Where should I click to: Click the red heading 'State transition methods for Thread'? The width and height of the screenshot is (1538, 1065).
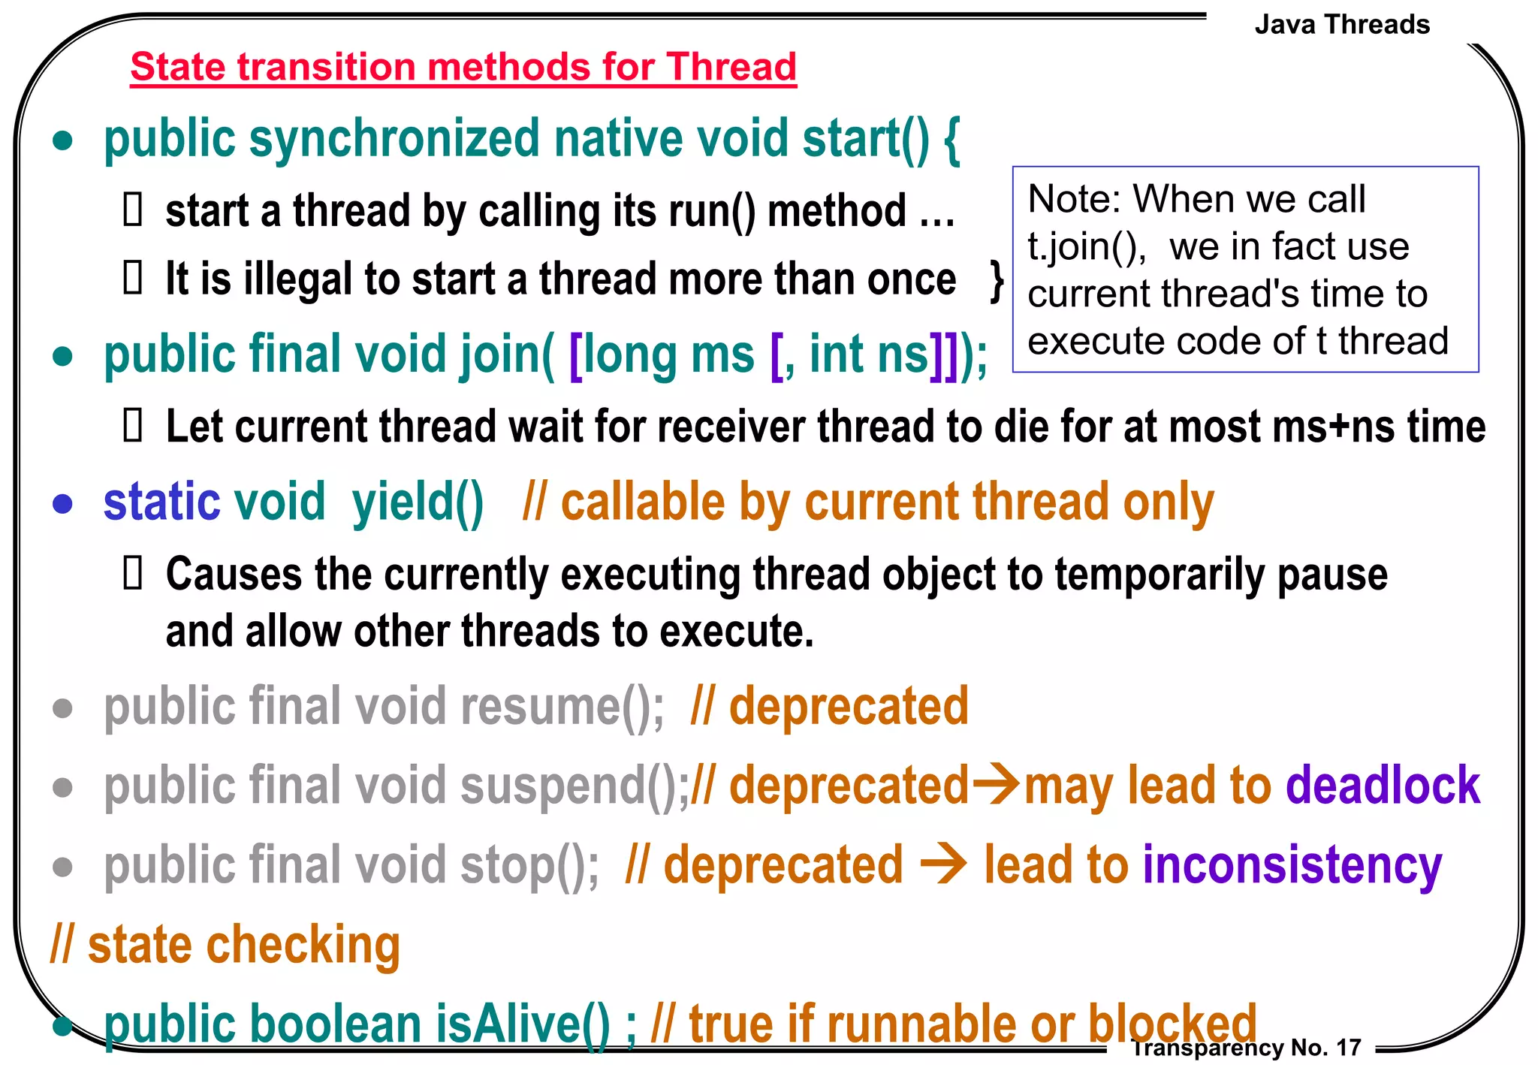[463, 67]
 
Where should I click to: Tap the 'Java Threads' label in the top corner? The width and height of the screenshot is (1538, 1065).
[1342, 25]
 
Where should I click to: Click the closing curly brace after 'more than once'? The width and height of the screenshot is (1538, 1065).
[997, 281]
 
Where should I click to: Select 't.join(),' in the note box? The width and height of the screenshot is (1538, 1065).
[1086, 246]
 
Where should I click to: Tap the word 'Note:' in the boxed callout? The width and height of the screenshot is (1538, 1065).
[1075, 200]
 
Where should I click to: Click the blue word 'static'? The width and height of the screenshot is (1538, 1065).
[161, 502]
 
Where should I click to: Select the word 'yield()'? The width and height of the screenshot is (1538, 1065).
[418, 502]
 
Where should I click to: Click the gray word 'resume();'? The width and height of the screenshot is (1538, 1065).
[562, 707]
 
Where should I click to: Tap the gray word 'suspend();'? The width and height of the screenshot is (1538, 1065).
[574, 786]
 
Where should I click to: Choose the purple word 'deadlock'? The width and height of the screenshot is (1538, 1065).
[1383, 786]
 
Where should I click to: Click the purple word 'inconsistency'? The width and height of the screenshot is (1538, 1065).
[1292, 866]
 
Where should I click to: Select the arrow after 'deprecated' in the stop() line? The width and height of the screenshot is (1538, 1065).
[943, 865]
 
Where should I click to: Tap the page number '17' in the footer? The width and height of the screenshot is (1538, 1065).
[1349, 1047]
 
